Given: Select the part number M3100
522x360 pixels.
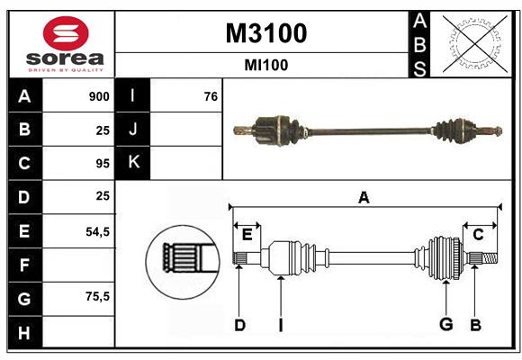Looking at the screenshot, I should click(x=265, y=33).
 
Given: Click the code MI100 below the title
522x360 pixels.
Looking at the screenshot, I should click(x=265, y=65).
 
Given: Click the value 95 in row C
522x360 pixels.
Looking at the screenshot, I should click(x=102, y=164).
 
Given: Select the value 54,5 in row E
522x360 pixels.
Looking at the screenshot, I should click(x=97, y=231).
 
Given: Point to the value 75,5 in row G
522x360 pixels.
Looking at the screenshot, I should click(x=97, y=297).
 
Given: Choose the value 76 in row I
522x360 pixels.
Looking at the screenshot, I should click(x=211, y=96).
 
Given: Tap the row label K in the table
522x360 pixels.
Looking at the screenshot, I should click(x=133, y=163).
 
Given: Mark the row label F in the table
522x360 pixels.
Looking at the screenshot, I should click(x=24, y=265).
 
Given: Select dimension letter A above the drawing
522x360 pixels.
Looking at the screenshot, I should click(x=364, y=198).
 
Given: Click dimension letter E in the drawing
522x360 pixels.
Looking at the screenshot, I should click(x=247, y=235).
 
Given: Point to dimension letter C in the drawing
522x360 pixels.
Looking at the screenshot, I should click(x=479, y=235).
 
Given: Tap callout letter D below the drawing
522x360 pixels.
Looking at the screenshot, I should click(x=239, y=325).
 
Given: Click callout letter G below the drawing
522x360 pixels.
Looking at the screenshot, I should click(x=445, y=325).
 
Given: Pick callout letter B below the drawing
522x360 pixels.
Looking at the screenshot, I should click(x=476, y=325).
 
